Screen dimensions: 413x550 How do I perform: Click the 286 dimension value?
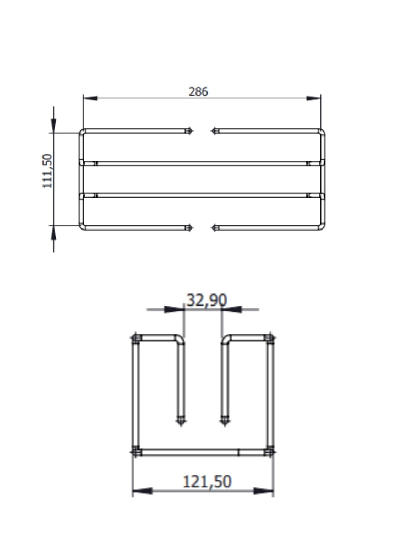point(198,91)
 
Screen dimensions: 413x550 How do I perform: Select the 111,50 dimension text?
point(47,171)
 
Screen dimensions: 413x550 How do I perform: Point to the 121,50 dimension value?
point(207,481)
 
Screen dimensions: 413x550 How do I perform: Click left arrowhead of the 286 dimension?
point(90,98)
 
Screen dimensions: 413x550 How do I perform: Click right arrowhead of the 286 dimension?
point(314,98)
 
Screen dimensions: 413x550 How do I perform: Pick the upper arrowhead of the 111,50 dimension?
point(53,126)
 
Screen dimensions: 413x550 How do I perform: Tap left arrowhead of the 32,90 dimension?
point(174,309)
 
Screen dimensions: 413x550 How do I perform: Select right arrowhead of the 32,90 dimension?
point(232,309)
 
